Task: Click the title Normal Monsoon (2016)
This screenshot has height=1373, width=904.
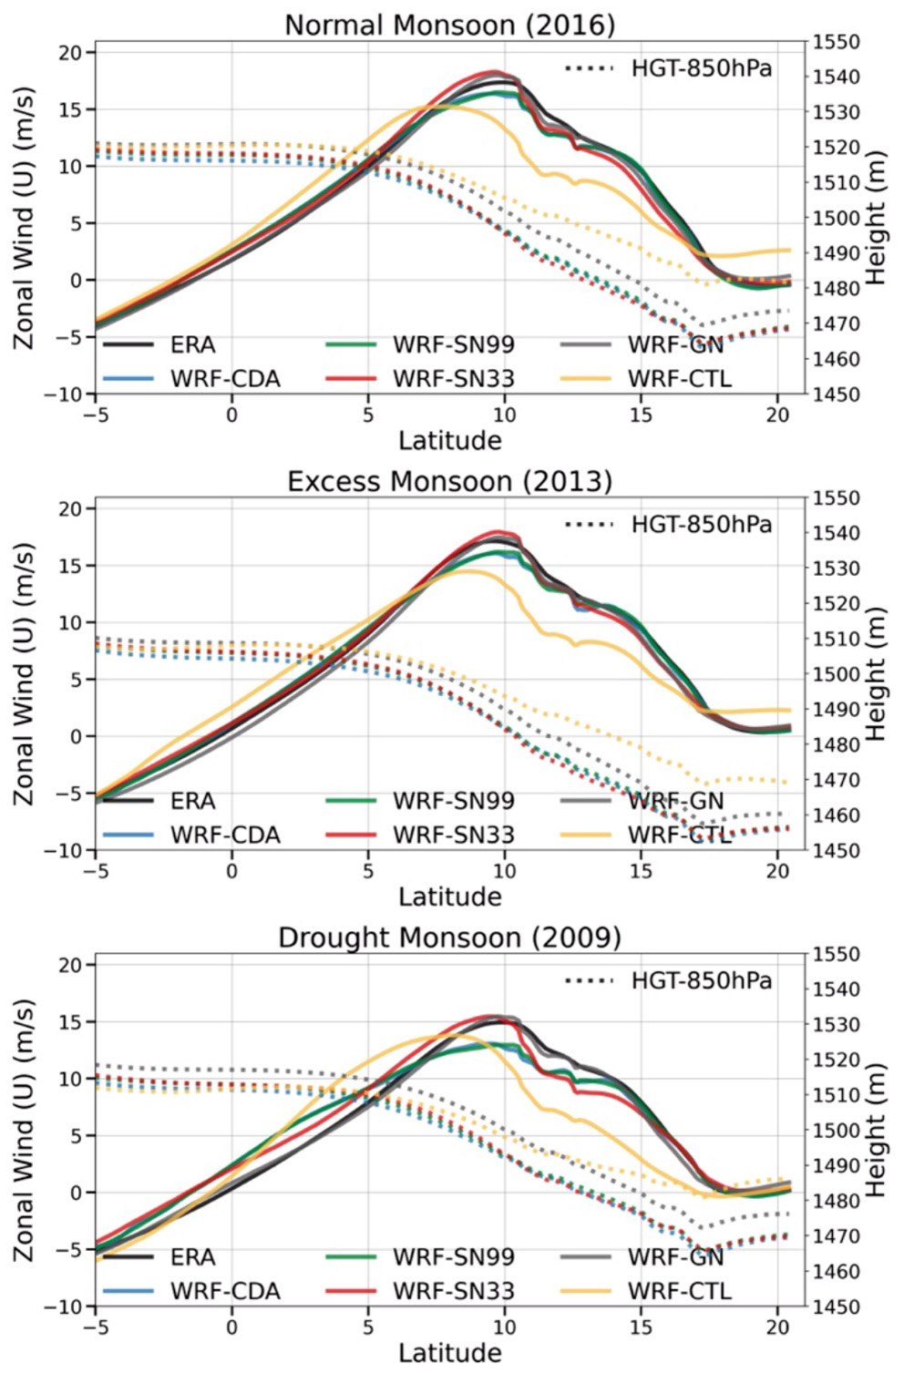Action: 449,25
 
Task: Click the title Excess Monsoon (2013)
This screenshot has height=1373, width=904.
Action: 449,481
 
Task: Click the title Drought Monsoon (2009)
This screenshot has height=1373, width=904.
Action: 449,938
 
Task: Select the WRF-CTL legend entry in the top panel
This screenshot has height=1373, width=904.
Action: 679,378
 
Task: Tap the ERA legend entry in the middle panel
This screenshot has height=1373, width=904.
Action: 192,801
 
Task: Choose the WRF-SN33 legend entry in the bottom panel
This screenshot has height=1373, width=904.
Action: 453,1291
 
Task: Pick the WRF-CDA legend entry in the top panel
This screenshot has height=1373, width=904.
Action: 225,378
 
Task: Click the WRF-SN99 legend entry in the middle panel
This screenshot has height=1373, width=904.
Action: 453,801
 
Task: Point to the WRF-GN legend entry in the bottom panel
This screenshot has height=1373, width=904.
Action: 675,1257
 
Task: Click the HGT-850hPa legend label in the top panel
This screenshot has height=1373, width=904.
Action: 701,68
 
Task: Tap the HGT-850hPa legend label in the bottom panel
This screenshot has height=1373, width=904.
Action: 701,980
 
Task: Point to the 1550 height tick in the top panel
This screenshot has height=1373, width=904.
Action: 836,42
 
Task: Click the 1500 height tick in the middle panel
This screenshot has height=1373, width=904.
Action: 836,674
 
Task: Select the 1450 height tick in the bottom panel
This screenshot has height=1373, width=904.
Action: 836,1306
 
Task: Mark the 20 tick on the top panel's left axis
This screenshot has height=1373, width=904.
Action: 70,53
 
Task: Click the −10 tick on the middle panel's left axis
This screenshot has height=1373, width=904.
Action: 64,850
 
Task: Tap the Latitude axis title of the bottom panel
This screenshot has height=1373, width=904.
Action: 449,1353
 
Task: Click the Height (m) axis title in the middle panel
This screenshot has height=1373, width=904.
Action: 875,674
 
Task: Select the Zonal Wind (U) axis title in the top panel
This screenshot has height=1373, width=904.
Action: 24,219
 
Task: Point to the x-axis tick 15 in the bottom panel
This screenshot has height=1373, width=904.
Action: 641,1327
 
